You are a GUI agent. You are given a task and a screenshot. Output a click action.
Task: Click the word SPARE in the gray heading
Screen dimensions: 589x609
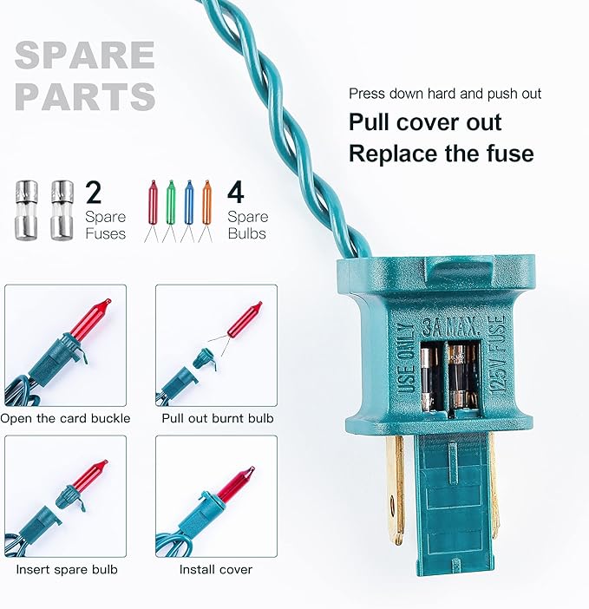click(x=85, y=55)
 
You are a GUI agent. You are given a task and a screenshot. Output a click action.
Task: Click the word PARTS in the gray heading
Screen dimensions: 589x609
click(x=85, y=96)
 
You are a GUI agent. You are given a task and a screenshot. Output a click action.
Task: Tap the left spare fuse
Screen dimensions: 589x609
click(x=27, y=210)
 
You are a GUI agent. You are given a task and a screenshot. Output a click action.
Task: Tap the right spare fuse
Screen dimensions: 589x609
click(x=62, y=210)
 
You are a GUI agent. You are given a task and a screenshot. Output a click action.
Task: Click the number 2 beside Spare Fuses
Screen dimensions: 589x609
click(x=93, y=193)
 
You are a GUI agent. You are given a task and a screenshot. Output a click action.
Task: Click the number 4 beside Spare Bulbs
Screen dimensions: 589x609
click(x=236, y=193)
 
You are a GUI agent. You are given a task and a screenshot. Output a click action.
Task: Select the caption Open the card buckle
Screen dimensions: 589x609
click(x=65, y=418)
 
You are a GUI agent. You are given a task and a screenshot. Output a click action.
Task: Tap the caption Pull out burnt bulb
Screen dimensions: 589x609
click(x=218, y=418)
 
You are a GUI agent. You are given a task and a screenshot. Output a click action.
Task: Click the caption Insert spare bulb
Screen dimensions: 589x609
click(x=67, y=569)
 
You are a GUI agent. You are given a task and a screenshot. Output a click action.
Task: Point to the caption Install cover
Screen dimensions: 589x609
click(x=215, y=569)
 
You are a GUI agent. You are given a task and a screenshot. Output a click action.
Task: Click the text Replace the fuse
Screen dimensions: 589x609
click(x=441, y=154)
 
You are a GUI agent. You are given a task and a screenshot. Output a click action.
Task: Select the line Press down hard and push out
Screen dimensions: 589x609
click(x=444, y=94)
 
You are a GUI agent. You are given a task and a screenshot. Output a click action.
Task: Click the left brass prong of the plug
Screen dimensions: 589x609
click(x=396, y=489)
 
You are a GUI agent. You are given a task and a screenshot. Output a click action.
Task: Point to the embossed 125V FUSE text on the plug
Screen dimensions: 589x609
click(x=498, y=355)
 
